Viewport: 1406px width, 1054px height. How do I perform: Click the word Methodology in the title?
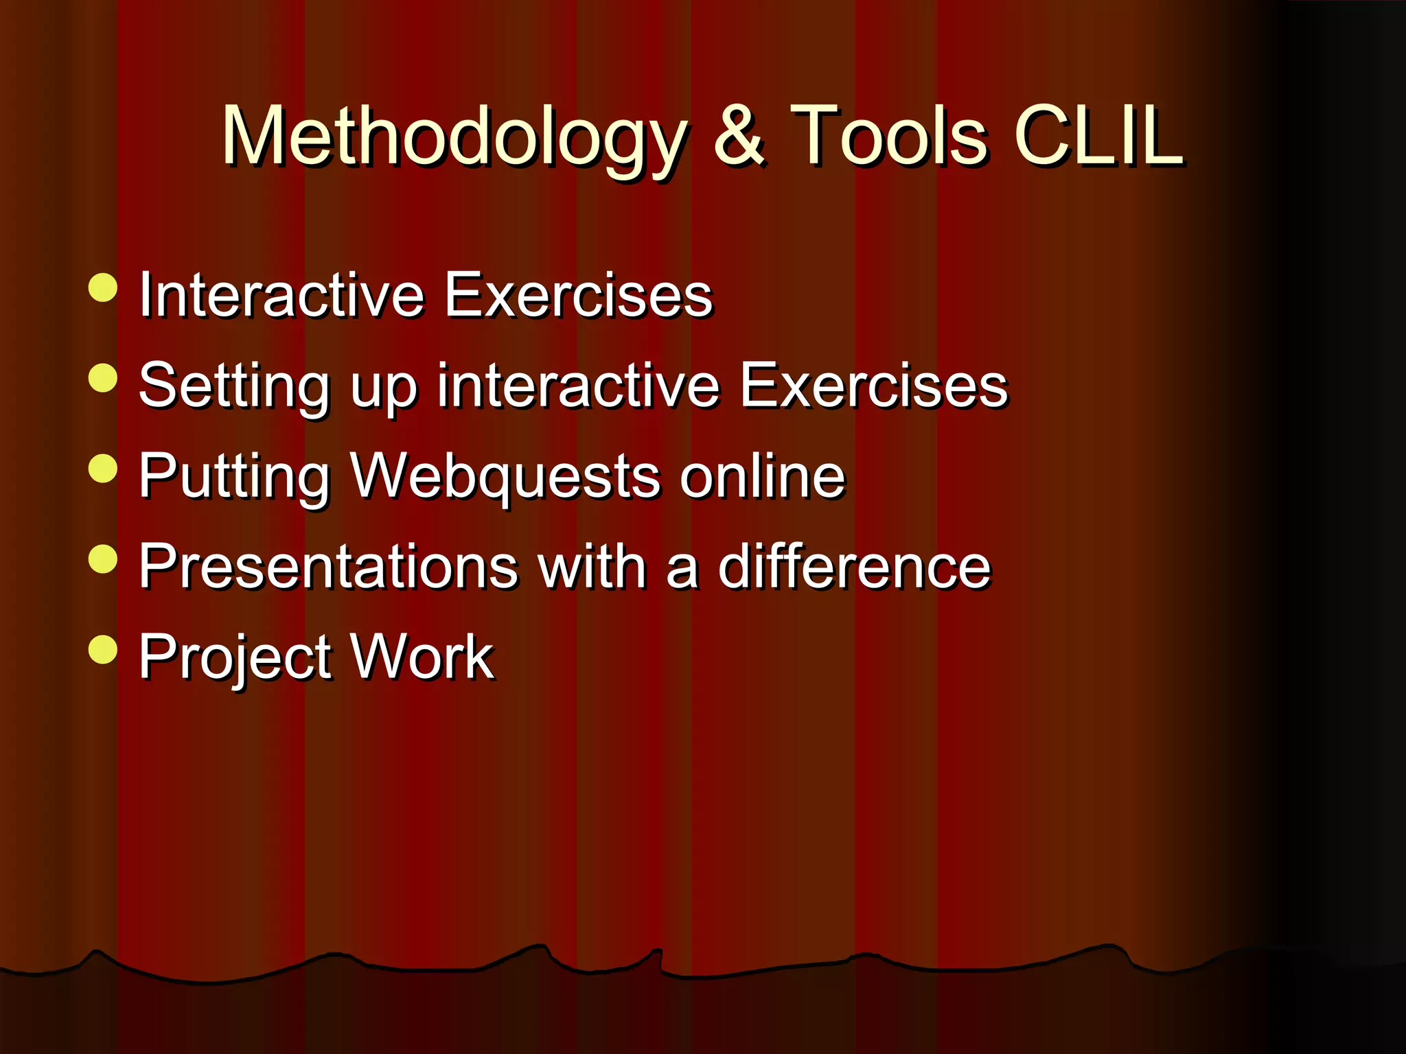[x=453, y=137]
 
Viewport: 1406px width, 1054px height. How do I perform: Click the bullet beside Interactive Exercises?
[x=103, y=288]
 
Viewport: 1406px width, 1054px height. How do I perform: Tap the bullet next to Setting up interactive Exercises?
[x=103, y=378]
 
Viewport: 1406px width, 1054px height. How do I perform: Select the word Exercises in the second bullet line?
[x=873, y=386]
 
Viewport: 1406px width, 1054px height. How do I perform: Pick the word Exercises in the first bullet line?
[x=578, y=295]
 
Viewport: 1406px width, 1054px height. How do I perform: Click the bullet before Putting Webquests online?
[x=103, y=469]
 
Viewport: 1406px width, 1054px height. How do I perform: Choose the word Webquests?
[x=505, y=476]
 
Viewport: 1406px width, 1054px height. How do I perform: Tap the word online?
[x=762, y=476]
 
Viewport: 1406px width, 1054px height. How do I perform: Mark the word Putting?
[x=234, y=476]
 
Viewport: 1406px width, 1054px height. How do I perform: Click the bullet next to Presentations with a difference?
[x=103, y=559]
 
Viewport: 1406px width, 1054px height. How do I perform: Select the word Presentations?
[x=328, y=567]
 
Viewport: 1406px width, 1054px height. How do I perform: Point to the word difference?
[x=854, y=567]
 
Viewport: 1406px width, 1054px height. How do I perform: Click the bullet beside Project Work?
[x=103, y=649]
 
